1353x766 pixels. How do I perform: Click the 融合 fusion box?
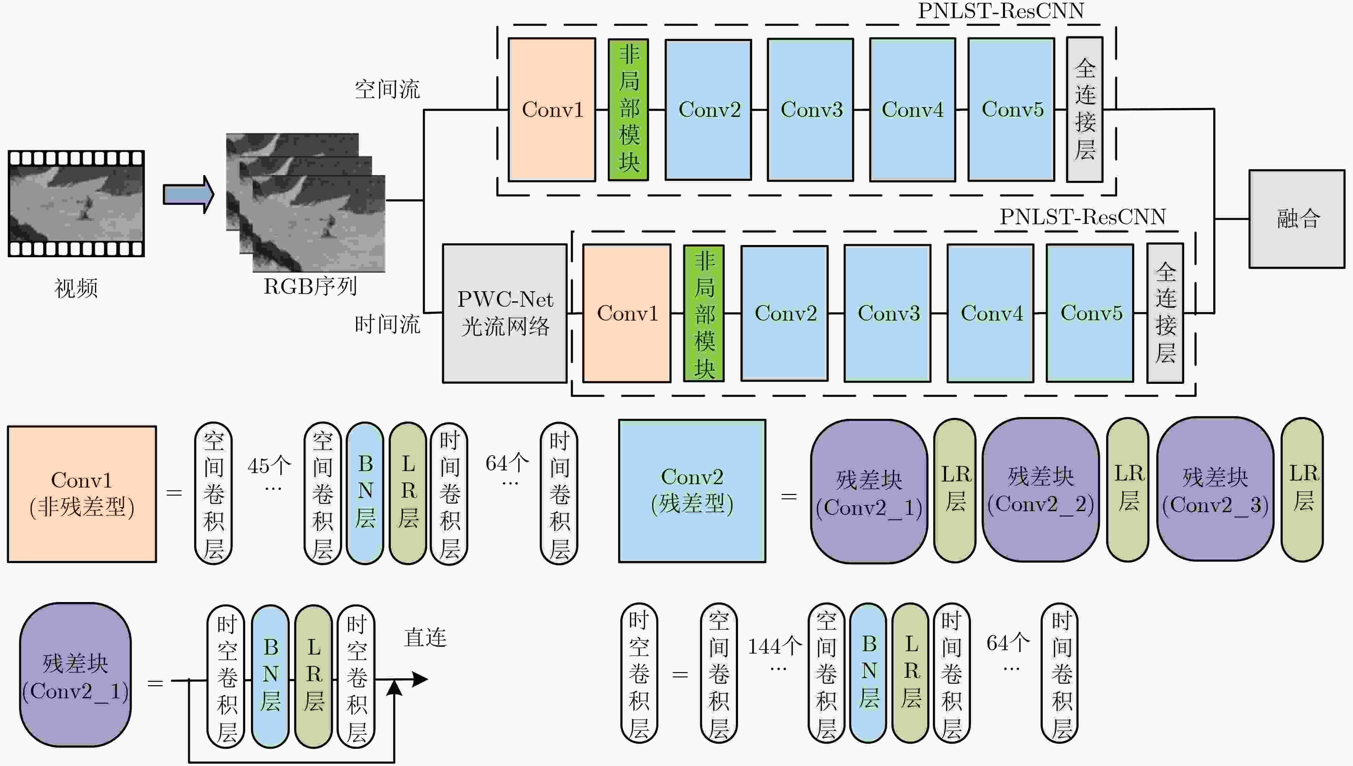tap(1297, 219)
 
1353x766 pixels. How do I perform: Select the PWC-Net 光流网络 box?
tap(505, 313)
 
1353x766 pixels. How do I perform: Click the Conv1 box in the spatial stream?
tap(552, 109)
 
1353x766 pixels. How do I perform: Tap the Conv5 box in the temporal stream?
tap(1090, 313)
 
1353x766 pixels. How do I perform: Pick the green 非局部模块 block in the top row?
tap(628, 109)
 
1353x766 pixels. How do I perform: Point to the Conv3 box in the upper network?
tap(811, 109)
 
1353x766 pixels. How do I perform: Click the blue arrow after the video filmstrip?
tap(188, 195)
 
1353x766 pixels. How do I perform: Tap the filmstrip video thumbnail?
tap(76, 204)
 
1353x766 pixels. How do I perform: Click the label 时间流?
tap(387, 324)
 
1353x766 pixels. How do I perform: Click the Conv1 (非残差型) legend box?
tap(82, 494)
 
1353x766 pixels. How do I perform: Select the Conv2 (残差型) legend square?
tap(692, 491)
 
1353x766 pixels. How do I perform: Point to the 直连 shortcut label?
tap(425, 638)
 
